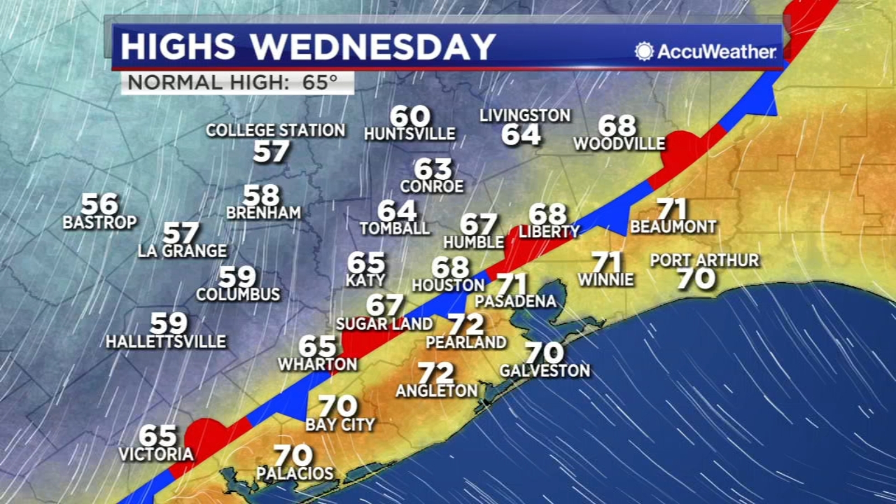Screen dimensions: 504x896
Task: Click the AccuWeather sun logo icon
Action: [644, 52]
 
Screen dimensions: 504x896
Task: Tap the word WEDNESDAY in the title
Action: [372, 46]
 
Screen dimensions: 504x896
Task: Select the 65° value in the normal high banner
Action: [320, 83]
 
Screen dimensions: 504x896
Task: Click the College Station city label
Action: [276, 130]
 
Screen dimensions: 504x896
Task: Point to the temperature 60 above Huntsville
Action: [410, 116]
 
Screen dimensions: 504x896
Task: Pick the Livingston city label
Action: [525, 116]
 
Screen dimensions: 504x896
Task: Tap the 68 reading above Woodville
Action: [617, 125]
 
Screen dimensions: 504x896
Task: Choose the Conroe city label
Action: [432, 186]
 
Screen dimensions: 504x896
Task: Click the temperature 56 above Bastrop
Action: [100, 204]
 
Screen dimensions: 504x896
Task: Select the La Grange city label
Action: [183, 251]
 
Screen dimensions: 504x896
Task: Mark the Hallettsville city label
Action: [166, 342]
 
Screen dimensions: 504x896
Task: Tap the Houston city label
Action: [448, 285]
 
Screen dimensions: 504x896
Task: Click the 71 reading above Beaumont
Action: [671, 209]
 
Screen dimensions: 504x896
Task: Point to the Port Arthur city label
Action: [704, 260]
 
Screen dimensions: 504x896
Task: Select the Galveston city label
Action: [545, 371]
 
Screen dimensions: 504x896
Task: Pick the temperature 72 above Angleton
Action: [436, 373]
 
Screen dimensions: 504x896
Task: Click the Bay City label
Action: [340, 424]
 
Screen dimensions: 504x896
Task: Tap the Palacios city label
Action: [295, 474]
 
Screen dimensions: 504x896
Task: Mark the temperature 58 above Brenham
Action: [261, 195]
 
